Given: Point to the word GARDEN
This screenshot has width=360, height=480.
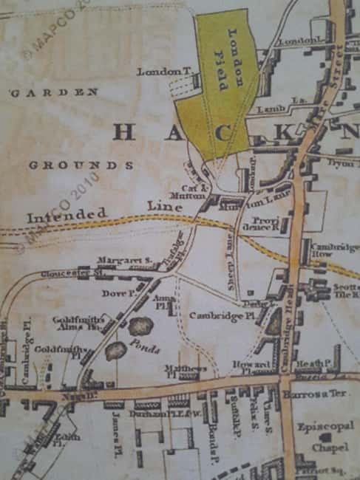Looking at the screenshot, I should [x=54, y=92].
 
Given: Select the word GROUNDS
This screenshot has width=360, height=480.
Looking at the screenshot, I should [x=81, y=165].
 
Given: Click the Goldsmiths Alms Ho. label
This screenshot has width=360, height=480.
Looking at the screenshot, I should [x=75, y=323].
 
